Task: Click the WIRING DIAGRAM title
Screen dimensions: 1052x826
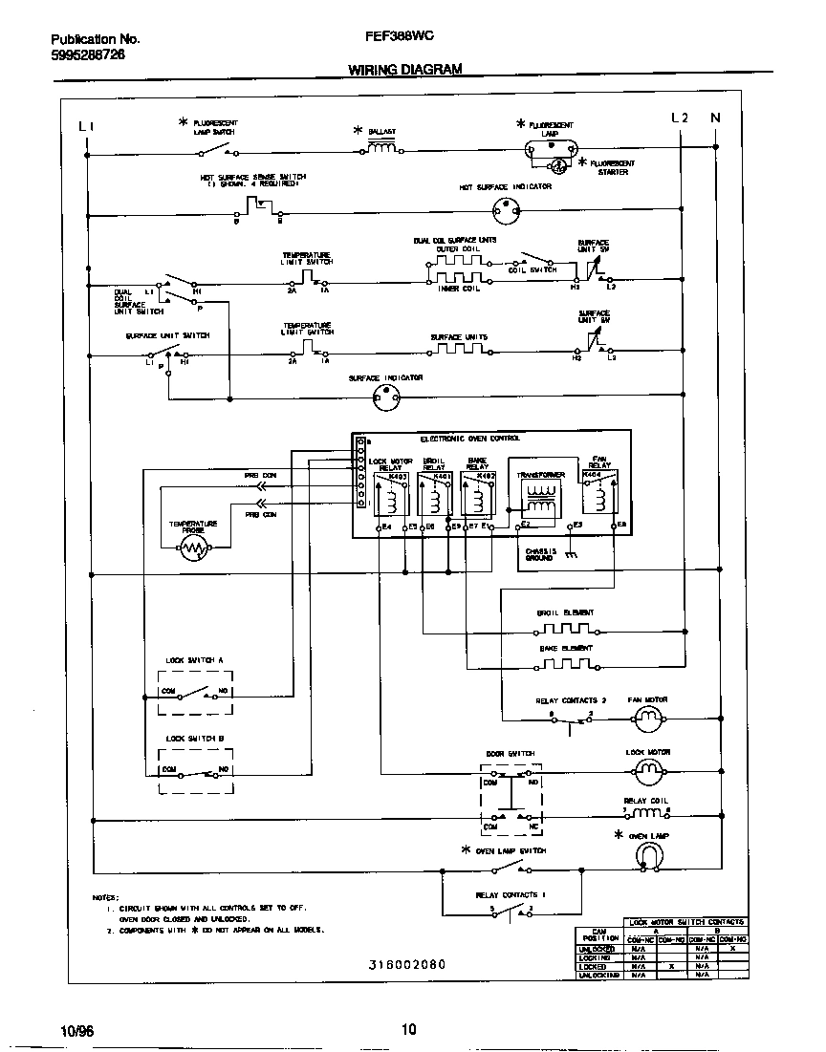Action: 404,70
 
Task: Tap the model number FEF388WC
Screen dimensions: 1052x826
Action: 399,40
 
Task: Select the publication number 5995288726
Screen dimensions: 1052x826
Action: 87,55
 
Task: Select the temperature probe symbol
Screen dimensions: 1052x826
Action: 194,548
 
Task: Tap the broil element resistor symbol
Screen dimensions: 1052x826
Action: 565,630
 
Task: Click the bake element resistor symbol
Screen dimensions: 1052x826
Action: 565,665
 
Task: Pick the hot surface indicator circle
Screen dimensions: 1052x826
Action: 504,211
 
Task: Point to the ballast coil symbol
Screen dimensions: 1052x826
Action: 382,148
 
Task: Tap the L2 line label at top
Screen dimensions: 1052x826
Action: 680,118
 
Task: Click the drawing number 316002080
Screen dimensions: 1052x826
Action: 406,965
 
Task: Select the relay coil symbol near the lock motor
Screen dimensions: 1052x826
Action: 647,813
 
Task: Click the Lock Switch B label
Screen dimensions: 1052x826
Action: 194,739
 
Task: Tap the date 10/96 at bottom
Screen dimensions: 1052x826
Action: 77,1030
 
